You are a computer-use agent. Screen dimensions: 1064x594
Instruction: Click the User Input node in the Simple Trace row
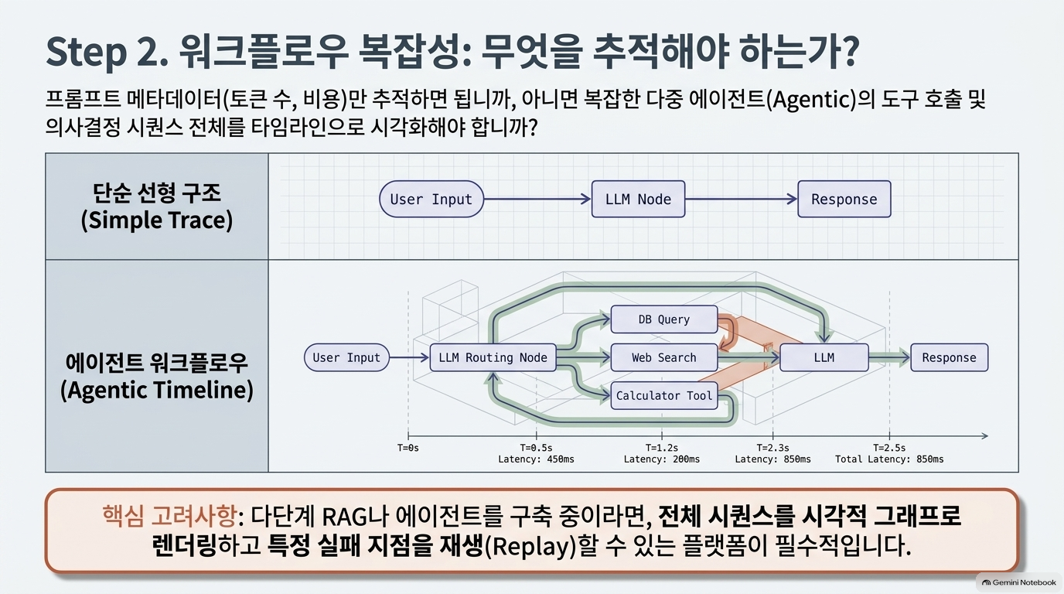[431, 199]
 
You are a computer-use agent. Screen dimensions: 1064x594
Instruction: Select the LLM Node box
[638, 199]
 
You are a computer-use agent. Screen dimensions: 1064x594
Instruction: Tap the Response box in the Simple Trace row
[844, 199]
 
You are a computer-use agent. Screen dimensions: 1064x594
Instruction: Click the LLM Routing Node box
[493, 357]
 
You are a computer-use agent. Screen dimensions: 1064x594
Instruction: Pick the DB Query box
[664, 319]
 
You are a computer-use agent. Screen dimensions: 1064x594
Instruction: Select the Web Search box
[664, 357]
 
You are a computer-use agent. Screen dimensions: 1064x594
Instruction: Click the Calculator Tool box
[664, 395]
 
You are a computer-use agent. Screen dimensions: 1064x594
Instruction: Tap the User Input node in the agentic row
[346, 357]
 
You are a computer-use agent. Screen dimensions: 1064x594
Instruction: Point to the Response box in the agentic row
[949, 357]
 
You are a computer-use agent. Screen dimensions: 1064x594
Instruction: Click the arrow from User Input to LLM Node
[537, 199]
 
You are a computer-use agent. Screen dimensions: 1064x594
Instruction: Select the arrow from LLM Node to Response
[742, 199]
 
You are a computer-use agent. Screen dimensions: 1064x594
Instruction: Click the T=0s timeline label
[408, 448]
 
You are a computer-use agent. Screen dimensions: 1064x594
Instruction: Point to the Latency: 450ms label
[537, 459]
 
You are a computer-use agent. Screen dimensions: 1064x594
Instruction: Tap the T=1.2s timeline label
[662, 448]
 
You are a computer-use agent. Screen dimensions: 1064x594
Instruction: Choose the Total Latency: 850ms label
[889, 459]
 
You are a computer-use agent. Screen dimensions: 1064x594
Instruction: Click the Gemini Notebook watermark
[1019, 582]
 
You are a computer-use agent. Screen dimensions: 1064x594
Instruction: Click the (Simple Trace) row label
[157, 220]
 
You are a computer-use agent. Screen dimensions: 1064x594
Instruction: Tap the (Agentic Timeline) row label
[157, 390]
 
